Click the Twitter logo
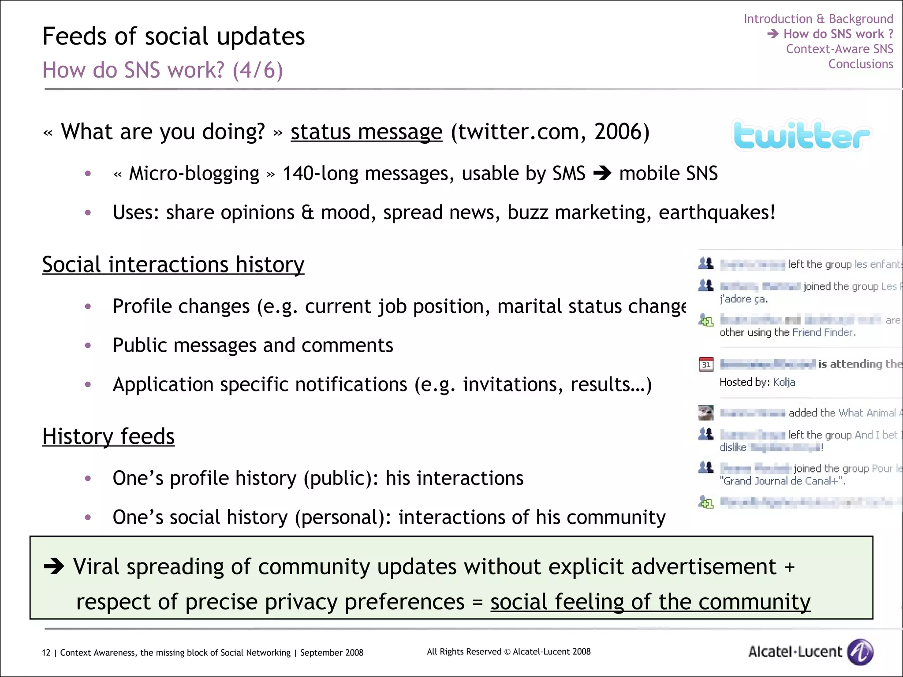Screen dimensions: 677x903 click(x=801, y=135)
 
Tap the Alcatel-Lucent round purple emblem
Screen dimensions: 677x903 click(x=860, y=651)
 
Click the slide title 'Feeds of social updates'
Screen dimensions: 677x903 click(x=173, y=36)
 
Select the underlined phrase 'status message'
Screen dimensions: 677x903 click(x=366, y=132)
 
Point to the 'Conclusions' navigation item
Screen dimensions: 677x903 click(x=860, y=64)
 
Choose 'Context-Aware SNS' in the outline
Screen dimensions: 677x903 click(x=839, y=49)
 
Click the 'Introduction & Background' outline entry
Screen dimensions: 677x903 click(x=818, y=19)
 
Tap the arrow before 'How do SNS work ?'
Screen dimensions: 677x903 click(x=772, y=33)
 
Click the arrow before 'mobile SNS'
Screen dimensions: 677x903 click(x=602, y=173)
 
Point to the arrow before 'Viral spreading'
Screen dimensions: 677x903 click(x=54, y=567)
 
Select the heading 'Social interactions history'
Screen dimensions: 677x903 click(x=173, y=264)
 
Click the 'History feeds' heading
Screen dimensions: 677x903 click(x=108, y=436)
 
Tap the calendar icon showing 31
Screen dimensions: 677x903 click(x=706, y=364)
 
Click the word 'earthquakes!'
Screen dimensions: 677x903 click(x=717, y=212)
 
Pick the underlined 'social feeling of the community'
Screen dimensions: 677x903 click(x=650, y=602)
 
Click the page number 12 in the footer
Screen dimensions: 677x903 click(x=46, y=653)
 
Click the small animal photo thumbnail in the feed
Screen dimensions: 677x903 click(x=706, y=413)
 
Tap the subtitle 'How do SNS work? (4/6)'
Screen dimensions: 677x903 click(x=162, y=70)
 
